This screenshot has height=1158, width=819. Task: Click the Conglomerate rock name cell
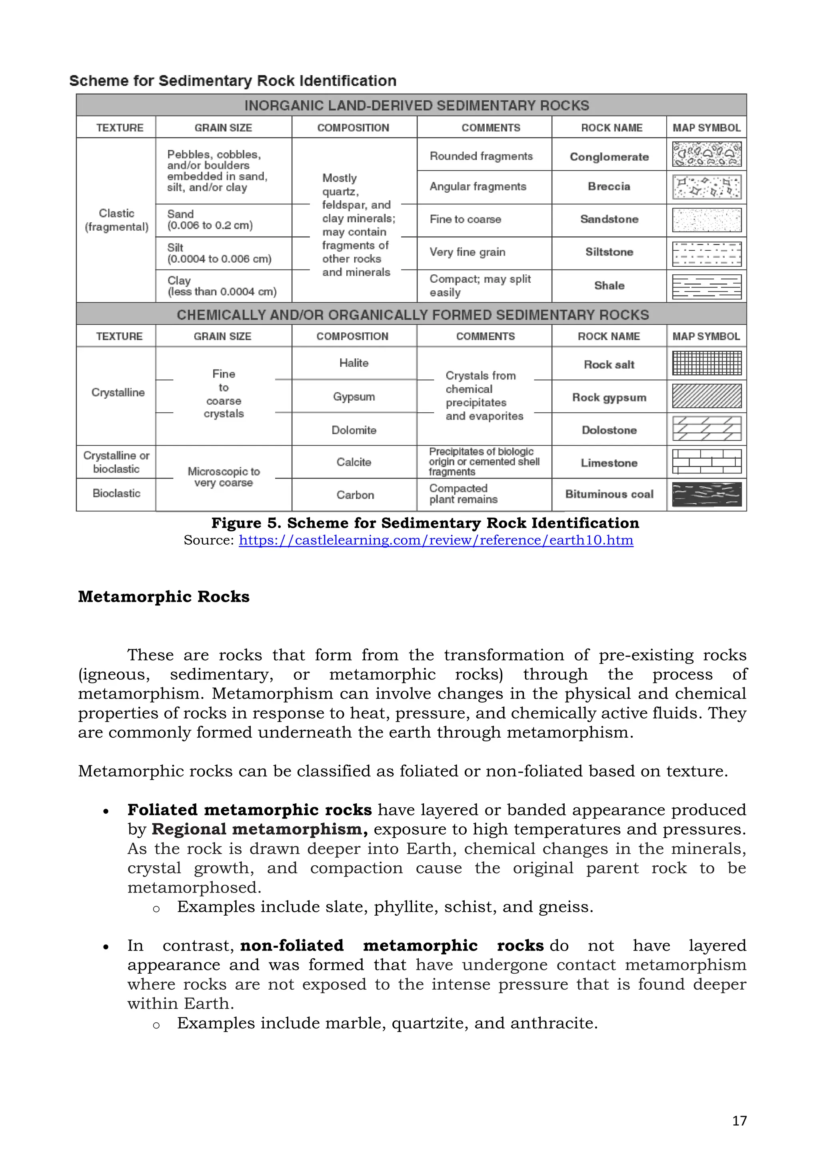click(609, 157)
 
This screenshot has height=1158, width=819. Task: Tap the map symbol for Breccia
click(707, 187)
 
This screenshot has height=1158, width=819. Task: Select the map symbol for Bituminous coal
click(707, 494)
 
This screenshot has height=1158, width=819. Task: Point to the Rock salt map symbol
click(707, 363)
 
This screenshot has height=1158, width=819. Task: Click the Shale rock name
click(609, 286)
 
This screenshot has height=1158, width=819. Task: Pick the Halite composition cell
click(354, 363)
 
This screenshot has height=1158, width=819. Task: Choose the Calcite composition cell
click(354, 462)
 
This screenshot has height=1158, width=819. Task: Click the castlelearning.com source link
click(436, 540)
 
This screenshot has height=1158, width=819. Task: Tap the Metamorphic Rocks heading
click(164, 597)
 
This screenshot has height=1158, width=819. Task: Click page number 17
click(739, 1121)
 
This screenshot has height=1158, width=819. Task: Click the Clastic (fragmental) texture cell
click(116, 220)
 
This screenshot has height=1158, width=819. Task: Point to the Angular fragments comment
click(477, 187)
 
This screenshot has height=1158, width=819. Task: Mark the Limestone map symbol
click(707, 462)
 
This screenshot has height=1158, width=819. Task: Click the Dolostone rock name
click(609, 430)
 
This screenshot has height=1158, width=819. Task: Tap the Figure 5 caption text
click(425, 523)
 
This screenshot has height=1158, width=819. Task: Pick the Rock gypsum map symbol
click(707, 396)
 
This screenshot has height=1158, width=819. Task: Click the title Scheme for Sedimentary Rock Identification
click(232, 81)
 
